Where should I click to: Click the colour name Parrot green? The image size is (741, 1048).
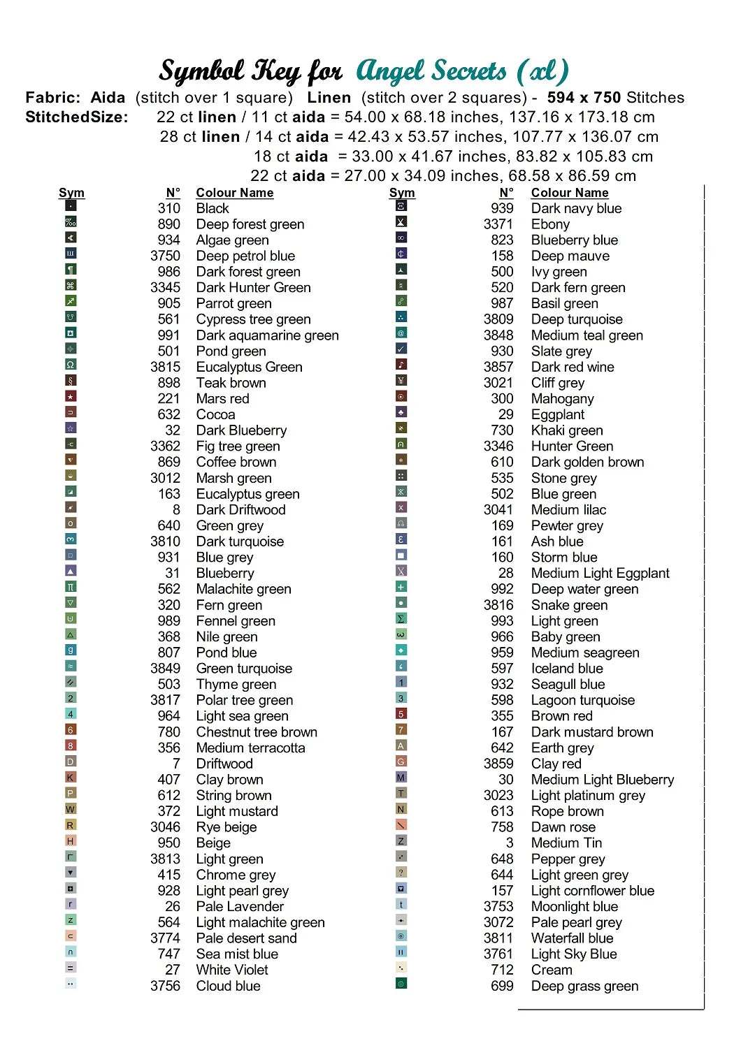[233, 303]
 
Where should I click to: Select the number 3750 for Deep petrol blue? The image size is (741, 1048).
[165, 256]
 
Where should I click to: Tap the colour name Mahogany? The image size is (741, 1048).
[562, 399]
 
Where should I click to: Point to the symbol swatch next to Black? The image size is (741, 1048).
[71, 206]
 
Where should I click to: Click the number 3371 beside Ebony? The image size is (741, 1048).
[498, 224]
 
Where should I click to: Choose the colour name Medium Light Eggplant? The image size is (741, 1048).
[600, 574]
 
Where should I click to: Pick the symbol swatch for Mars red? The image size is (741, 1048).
[71, 397]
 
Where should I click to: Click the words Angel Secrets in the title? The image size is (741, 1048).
[431, 71]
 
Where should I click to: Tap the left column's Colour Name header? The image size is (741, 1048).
[234, 193]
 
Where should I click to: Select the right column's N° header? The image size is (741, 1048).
[506, 193]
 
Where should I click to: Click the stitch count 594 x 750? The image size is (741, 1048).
[584, 98]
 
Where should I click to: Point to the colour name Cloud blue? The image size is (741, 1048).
[228, 986]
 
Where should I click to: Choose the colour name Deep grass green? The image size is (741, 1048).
[584, 986]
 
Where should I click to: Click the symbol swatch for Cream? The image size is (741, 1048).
[401, 968]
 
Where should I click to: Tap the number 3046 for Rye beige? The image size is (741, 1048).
[165, 827]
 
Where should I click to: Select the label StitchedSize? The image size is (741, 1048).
[77, 117]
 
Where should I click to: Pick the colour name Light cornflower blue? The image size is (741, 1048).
[592, 891]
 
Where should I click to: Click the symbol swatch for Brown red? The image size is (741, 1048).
[401, 714]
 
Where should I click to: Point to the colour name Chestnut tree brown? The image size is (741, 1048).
[257, 732]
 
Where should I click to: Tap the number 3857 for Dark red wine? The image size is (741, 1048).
[498, 367]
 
